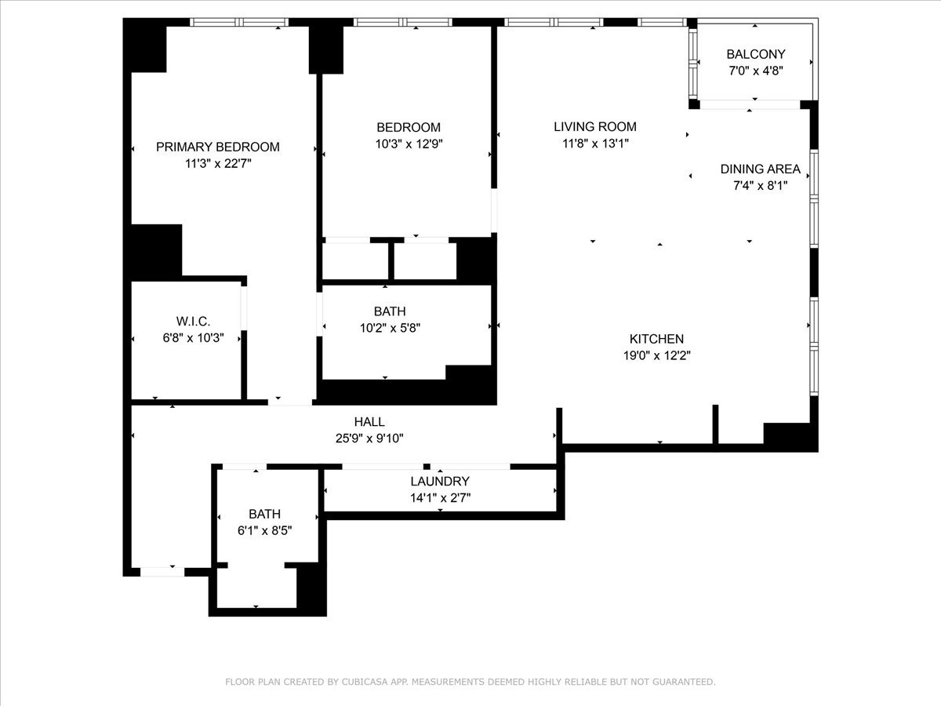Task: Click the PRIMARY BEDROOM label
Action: tap(217, 147)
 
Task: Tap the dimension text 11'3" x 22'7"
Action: tap(217, 164)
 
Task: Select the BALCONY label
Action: tap(755, 54)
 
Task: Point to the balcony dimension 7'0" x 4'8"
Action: tap(755, 71)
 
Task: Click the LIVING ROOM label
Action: tap(594, 126)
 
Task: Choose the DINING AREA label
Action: tap(760, 169)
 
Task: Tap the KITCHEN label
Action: tap(656, 339)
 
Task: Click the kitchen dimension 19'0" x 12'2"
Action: tap(656, 355)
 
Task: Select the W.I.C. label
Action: tap(192, 321)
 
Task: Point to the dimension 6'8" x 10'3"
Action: tap(192, 337)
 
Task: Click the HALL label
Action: tap(369, 422)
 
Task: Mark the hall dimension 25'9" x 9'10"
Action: tap(369, 439)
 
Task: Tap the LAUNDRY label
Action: tap(439, 481)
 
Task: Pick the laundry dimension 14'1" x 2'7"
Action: tap(439, 497)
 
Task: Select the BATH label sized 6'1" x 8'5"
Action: tap(264, 514)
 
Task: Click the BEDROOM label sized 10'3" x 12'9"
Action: tap(408, 127)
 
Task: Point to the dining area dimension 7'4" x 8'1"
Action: tap(760, 186)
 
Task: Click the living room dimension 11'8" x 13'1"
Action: tap(594, 144)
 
